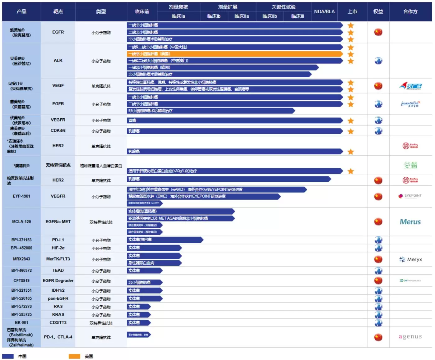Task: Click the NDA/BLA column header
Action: (x=324, y=11)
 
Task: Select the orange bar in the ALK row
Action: (x=235, y=54)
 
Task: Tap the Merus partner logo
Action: (x=410, y=222)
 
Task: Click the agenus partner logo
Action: (x=410, y=337)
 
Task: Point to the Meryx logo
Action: (x=410, y=259)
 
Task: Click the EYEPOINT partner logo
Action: (x=410, y=196)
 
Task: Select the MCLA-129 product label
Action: (x=21, y=222)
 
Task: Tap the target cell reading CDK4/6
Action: (x=58, y=130)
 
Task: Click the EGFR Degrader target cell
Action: (x=58, y=280)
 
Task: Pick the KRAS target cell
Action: (x=58, y=314)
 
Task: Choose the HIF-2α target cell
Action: (x=58, y=248)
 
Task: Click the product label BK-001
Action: (x=21, y=322)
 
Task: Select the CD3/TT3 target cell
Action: (x=58, y=322)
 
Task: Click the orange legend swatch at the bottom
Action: (x=74, y=356)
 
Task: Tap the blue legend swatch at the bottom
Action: (x=8, y=356)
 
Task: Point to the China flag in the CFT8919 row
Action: (x=378, y=280)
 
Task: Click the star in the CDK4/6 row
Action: (x=351, y=131)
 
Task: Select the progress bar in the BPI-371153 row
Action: (x=165, y=240)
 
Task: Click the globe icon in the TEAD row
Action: (x=378, y=271)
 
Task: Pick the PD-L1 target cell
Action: (x=58, y=240)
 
